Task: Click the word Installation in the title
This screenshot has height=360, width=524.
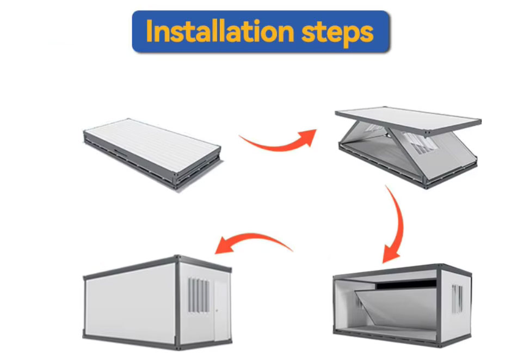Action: pyautogui.click(x=220, y=32)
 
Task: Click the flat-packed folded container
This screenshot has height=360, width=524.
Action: pyautogui.click(x=152, y=154)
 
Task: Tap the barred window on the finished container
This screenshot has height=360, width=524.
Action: pyautogui.click(x=199, y=295)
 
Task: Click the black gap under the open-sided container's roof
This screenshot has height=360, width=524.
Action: pyautogui.click(x=406, y=284)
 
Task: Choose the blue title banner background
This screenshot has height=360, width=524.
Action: pyautogui.click(x=261, y=32)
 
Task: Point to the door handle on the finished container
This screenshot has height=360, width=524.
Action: pyautogui.click(x=217, y=311)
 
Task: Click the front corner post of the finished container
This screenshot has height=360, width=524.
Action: pyautogui.click(x=177, y=303)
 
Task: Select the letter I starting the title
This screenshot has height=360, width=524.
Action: pyautogui.click(x=149, y=31)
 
